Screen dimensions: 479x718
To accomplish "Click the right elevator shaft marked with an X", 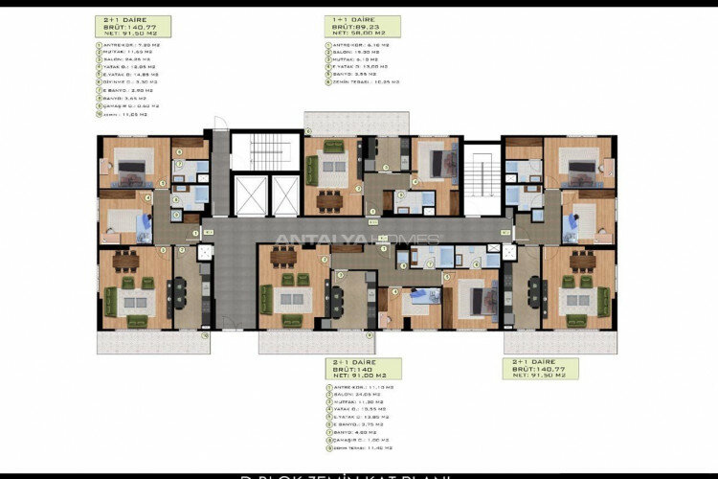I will click(x=284, y=195).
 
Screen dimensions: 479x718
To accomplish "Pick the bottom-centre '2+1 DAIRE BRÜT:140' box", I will click(x=363, y=369).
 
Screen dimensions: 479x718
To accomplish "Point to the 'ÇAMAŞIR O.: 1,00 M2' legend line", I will click(x=363, y=440).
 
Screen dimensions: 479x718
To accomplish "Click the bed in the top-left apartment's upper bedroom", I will click(x=130, y=167).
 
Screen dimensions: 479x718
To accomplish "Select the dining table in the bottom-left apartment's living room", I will click(x=125, y=260).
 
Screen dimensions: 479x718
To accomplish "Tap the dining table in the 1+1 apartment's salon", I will click(x=329, y=200).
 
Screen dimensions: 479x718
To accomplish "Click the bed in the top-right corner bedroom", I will click(x=581, y=167).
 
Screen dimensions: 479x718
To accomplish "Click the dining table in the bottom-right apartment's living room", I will click(x=582, y=260).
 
